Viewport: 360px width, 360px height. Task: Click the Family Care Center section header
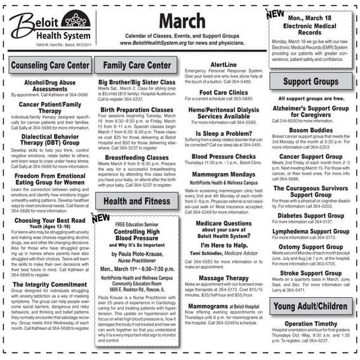pos(137,65)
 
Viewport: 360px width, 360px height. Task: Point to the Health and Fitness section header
pos(137,201)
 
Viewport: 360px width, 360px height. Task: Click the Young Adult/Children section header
pos(310,306)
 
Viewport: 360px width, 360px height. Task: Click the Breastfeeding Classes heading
pos(137,157)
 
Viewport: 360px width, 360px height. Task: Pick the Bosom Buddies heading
pos(310,130)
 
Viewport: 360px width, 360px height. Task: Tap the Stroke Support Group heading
pos(310,273)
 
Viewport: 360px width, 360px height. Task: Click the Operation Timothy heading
pos(310,324)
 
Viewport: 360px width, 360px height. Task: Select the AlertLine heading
pos(223,65)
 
